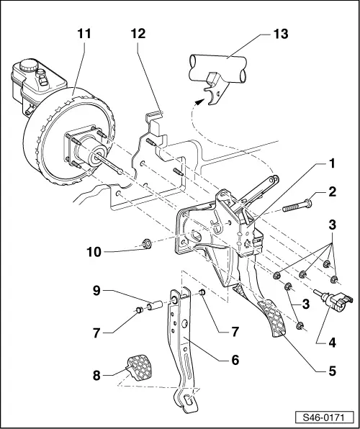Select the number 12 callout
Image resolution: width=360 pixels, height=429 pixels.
138,33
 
